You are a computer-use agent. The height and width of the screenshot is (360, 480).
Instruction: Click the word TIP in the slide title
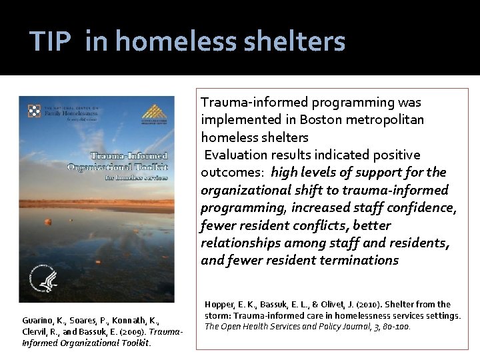click(51, 41)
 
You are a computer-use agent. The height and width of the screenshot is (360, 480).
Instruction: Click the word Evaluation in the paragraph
click(235, 155)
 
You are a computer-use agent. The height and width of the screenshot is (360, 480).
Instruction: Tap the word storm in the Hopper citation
click(219, 315)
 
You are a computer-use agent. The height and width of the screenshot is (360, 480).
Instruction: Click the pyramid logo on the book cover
click(151, 112)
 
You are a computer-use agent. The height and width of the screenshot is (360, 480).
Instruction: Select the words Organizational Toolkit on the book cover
click(118, 166)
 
